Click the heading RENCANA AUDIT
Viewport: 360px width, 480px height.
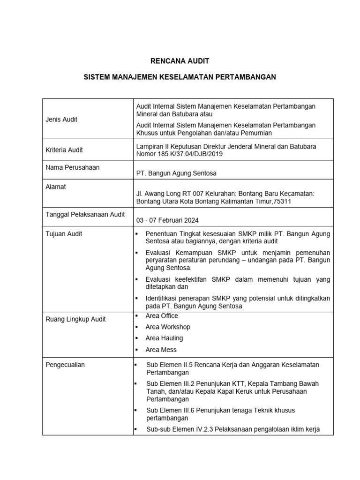[180, 61]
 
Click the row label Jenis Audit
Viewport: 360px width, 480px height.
[61, 119]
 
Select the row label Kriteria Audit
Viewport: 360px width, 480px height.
[64, 150]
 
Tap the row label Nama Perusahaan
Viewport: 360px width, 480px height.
[73, 167]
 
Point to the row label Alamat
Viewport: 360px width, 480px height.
[56, 187]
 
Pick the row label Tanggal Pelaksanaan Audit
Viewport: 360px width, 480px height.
[85, 214]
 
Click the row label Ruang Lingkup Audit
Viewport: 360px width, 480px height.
[75, 319]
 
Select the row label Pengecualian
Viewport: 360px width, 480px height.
[65, 365]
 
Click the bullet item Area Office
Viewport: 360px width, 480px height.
[162, 316]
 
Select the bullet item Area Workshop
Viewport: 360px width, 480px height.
[168, 327]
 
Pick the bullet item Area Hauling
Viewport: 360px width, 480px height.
[164, 338]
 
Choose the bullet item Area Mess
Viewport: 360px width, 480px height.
[161, 350]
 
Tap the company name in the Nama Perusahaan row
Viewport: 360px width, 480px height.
[176, 173]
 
